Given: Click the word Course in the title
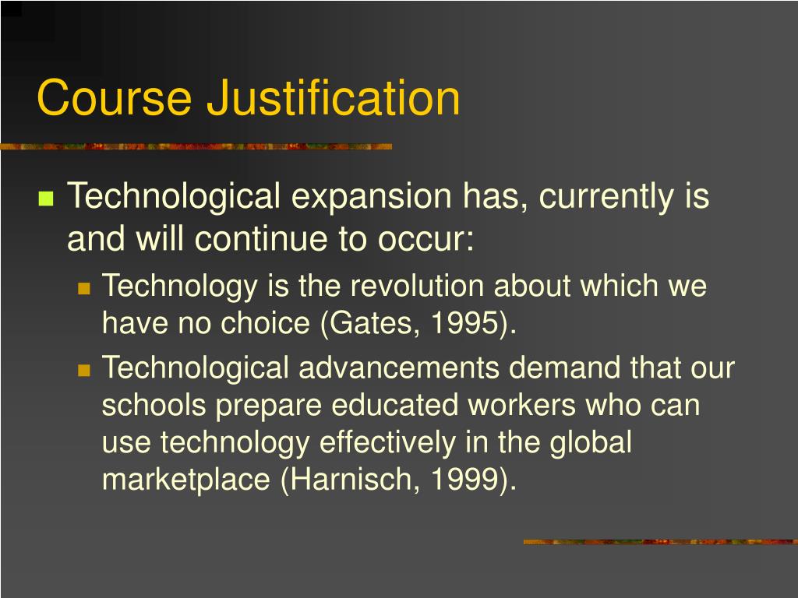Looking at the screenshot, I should [114, 99].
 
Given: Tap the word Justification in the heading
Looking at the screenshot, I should [333, 99].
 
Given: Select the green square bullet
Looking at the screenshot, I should [45, 198].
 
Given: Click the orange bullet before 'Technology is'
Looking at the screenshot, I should [85, 287].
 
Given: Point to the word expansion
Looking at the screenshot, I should [372, 197].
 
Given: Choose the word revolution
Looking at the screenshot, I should [420, 287].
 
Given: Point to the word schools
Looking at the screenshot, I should [154, 406].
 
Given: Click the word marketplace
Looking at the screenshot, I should [186, 480].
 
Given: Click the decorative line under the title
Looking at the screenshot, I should [196, 146].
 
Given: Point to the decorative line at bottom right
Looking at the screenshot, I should [659, 541].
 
